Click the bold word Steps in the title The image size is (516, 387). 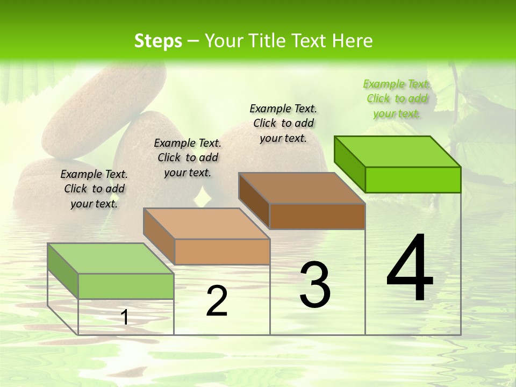pos(158,41)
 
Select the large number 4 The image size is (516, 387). pos(410,268)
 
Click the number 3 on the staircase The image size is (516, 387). pos(315,284)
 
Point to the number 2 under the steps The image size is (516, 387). pos(217,301)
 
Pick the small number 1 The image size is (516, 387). pos(125,317)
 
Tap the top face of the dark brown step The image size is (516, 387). pos(302,188)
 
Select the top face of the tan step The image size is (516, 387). pos(206,224)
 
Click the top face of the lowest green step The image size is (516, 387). pos(111,259)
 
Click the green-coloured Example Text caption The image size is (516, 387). pos(397,98)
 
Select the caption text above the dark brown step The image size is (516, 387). pos(283,123)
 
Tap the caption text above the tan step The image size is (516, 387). pos(188,157)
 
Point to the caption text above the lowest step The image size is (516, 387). pos(94,189)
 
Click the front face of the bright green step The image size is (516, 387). pos(413,180)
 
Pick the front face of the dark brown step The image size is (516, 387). pos(317,216)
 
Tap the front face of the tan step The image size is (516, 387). pos(222,252)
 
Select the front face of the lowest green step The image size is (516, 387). pos(126,286)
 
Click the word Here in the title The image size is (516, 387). pos(353,41)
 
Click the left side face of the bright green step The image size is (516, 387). pos(350,162)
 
